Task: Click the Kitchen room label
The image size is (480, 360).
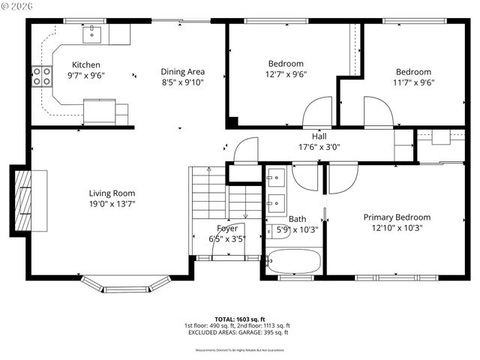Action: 85,65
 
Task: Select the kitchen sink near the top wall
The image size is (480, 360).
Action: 94,33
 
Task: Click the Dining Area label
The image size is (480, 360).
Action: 182,72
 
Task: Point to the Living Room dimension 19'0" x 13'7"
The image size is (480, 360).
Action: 112,203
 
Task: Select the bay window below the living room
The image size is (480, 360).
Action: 124,284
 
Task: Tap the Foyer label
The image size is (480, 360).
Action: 226,229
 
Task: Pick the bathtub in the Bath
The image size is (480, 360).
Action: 293,262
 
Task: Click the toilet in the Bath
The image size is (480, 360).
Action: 277,230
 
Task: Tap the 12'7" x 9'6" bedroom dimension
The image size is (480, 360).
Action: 286,74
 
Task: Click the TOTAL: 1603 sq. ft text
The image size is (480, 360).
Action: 237,319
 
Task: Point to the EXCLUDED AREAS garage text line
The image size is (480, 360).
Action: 237,333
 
